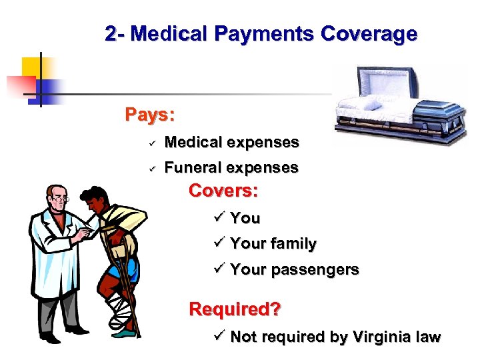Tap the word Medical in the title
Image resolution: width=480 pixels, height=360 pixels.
click(169, 33)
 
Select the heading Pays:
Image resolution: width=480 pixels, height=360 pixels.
click(150, 115)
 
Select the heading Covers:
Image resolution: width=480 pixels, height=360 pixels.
click(223, 191)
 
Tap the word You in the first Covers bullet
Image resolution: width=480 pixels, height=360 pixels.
click(245, 218)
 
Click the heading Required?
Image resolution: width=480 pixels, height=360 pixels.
click(235, 309)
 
